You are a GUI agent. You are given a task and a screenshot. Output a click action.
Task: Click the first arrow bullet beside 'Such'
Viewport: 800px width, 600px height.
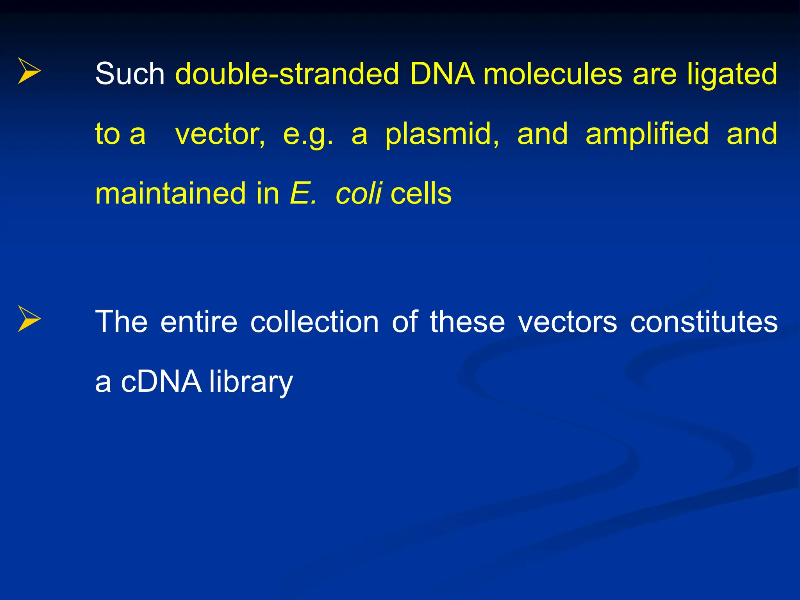point(29,71)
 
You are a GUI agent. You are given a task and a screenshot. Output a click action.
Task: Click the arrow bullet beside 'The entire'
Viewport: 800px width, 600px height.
point(29,319)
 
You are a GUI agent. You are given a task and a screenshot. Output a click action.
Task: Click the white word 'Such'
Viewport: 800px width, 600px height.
point(130,74)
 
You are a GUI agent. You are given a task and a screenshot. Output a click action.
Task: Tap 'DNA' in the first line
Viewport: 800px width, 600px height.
point(442,74)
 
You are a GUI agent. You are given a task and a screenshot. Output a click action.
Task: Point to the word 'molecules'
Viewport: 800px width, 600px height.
point(553,74)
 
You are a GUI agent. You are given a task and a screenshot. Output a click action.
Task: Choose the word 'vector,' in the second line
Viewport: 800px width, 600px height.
point(220,134)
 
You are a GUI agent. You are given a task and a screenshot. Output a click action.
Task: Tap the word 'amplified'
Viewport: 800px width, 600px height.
point(647,134)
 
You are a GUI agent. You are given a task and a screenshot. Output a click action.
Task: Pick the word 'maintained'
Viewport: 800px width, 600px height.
point(170,193)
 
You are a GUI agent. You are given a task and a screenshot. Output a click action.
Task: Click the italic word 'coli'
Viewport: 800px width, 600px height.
point(359,193)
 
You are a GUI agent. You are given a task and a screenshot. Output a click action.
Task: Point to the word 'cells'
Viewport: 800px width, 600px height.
point(421,193)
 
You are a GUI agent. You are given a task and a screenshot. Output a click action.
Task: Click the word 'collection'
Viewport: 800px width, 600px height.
point(314,322)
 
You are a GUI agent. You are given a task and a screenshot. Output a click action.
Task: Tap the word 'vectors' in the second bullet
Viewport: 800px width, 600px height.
point(567,322)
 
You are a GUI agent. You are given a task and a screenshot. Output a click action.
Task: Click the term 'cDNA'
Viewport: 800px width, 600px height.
point(161,382)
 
